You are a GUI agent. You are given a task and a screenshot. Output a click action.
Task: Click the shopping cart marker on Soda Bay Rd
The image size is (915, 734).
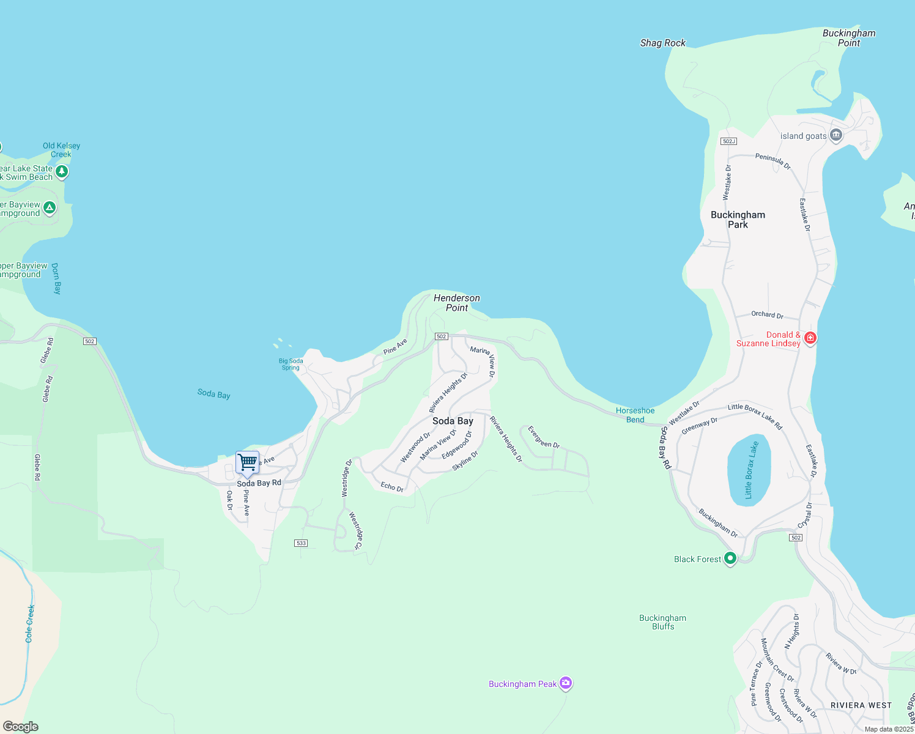click(x=247, y=462)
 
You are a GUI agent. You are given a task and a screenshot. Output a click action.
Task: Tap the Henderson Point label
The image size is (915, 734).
click(x=457, y=303)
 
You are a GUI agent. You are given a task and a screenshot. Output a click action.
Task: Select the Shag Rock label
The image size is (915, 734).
click(x=662, y=43)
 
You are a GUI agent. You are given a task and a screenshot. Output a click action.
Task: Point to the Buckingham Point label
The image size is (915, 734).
click(x=848, y=38)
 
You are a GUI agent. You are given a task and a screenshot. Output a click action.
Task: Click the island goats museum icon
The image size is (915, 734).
click(x=836, y=136)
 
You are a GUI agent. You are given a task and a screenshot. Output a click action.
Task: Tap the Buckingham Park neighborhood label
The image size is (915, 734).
click(x=738, y=220)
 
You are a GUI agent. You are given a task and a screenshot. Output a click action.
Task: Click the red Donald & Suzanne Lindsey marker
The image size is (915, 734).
click(x=810, y=338)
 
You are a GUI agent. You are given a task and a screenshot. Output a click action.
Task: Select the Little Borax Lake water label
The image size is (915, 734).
click(x=751, y=470)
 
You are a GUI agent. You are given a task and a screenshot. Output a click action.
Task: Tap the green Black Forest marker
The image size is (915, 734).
click(x=730, y=558)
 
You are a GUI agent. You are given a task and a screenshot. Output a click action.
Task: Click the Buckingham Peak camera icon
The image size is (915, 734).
click(x=566, y=683)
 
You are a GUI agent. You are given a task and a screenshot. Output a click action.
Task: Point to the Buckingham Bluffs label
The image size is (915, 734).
click(x=663, y=622)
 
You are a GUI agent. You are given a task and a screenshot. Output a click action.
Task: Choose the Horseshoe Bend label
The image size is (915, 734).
click(x=635, y=415)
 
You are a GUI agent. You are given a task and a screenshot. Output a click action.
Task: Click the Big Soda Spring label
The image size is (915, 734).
click(x=291, y=364)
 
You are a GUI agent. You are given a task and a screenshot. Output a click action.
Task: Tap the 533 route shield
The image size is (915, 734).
click(x=301, y=543)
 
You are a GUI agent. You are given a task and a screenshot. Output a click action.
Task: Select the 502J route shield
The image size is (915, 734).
click(x=728, y=141)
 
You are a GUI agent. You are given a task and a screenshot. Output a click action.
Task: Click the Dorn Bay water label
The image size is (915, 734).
click(x=56, y=279)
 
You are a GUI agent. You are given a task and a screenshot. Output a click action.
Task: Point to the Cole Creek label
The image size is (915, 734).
click(x=29, y=623)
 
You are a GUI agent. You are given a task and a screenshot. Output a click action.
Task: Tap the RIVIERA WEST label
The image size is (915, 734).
click(x=861, y=705)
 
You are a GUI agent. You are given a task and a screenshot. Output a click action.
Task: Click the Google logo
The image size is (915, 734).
click(x=21, y=727)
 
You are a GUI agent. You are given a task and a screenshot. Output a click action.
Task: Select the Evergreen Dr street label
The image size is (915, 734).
click(x=543, y=437)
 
